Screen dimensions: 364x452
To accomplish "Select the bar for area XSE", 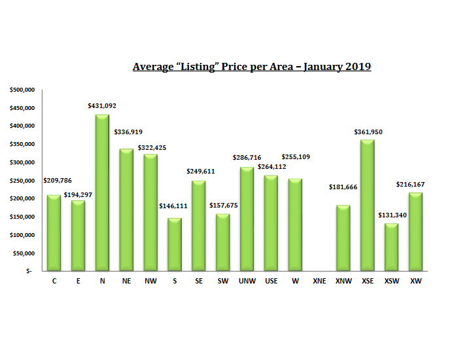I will (367, 206).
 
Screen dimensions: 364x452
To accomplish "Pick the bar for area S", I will (175, 244).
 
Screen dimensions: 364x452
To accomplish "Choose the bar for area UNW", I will (247, 219).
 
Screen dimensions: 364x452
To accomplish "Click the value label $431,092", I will (102, 105).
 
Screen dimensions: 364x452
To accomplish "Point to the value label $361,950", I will (367, 132).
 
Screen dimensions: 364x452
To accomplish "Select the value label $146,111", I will (174, 206).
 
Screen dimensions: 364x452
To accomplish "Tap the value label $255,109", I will (295, 157).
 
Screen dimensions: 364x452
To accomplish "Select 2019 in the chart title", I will (358, 67).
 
